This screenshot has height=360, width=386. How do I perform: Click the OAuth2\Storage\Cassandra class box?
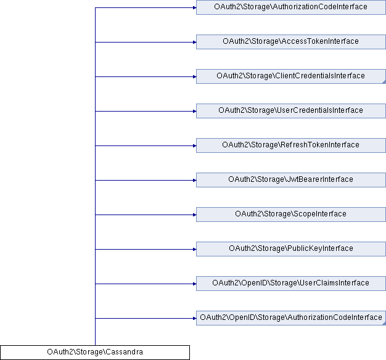coord(95,353)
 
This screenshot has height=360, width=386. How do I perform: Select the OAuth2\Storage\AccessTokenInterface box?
coord(290,42)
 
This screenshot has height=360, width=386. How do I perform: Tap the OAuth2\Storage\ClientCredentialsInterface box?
coord(290,76)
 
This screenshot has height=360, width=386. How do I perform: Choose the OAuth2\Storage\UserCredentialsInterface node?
coord(290,111)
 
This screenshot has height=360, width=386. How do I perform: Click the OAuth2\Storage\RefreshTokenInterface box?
coord(290,145)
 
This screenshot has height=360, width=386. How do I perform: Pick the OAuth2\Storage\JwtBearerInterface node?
coord(290,180)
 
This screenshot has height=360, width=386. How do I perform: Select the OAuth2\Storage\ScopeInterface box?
coord(290,215)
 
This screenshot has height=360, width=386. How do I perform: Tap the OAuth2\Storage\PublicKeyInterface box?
coord(290,249)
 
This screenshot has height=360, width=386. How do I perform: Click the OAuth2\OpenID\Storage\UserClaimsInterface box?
coord(290,284)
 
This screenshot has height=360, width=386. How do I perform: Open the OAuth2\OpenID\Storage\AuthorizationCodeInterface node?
coord(290,318)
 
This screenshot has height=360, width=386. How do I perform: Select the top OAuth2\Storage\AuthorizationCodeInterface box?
coord(290,7)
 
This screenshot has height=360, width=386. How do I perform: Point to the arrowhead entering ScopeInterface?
coord(194,215)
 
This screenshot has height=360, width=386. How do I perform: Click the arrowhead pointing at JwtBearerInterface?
coord(194,181)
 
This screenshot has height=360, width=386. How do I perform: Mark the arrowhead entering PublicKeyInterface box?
coord(194,249)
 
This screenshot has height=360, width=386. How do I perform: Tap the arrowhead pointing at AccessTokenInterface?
coord(194,42)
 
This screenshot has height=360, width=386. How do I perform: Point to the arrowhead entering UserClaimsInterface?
coord(194,284)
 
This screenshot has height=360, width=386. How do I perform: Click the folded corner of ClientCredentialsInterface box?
coord(384,82)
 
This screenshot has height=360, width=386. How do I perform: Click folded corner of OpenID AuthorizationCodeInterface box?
coord(384,324)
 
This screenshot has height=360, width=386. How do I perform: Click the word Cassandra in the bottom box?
coord(125,352)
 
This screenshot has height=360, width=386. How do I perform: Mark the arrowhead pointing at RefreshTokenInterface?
coord(194,145)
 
